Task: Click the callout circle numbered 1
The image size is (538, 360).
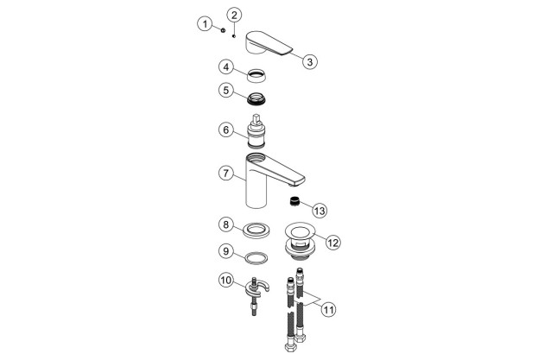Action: (205, 24)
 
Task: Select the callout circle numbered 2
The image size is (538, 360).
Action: (235, 15)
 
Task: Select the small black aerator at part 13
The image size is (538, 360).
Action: (294, 201)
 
